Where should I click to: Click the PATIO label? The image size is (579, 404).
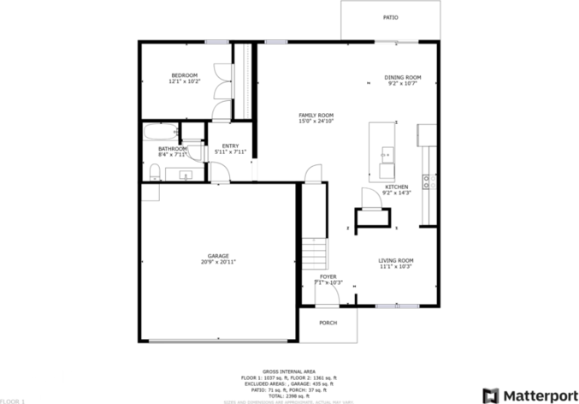[x=390, y=17]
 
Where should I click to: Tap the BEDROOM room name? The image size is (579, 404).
[x=184, y=76]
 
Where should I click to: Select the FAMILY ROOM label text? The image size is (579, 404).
[x=316, y=116]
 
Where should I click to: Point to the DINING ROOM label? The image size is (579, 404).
[x=402, y=77]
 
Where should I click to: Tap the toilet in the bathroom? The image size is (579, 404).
[x=155, y=173]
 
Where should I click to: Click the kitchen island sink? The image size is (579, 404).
[x=387, y=155]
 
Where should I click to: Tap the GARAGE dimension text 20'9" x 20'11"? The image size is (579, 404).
[x=218, y=262]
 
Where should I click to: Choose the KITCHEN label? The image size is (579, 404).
[x=396, y=187]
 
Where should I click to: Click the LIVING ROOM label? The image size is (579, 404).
[x=396, y=260]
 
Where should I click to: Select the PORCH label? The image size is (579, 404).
[x=328, y=323]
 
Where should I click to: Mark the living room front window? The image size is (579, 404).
[x=398, y=305]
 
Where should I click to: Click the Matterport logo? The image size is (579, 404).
[x=523, y=395]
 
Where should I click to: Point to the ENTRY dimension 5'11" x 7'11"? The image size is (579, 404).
[x=230, y=152]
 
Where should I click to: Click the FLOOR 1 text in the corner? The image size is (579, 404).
[x=13, y=400]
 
